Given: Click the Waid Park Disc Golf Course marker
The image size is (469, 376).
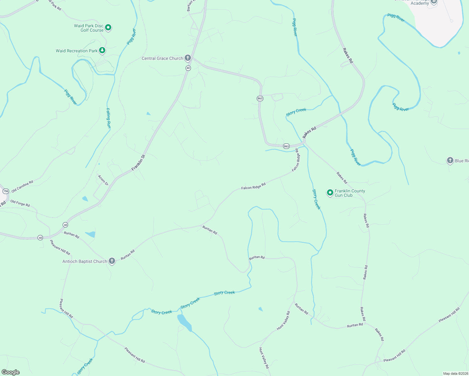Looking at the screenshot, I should tap(108, 28).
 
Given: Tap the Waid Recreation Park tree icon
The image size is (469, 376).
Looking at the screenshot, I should tap(102, 50).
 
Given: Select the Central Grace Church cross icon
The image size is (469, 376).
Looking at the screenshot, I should tap(187, 58).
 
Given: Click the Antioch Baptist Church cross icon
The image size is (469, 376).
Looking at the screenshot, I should tap(112, 261).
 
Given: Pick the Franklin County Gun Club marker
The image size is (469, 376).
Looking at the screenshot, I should tap(330, 192).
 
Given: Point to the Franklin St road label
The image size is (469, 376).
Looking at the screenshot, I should tap(138, 163).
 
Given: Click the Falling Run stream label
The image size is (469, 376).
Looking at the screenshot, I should tap(108, 118).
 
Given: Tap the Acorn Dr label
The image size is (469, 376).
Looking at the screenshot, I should tap(103, 180).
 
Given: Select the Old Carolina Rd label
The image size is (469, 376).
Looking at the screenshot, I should tap(22, 186).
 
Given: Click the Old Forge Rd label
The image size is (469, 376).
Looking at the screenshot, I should tap(20, 203).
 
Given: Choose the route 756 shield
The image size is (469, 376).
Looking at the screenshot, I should tap(6, 191).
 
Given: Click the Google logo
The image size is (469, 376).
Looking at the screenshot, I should tap(11, 372).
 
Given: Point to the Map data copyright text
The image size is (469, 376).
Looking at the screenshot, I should tap(455, 373).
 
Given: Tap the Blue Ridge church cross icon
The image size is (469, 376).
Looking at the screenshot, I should tap(450, 160).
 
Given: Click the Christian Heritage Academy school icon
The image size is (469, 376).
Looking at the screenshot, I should tap(434, 2).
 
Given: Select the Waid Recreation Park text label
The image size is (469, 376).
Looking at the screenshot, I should tap(77, 51).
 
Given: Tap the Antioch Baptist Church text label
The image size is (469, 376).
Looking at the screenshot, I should tap(85, 261).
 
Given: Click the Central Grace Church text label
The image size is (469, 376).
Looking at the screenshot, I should tap(162, 58).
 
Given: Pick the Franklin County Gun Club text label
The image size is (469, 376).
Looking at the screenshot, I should tap(350, 193).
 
